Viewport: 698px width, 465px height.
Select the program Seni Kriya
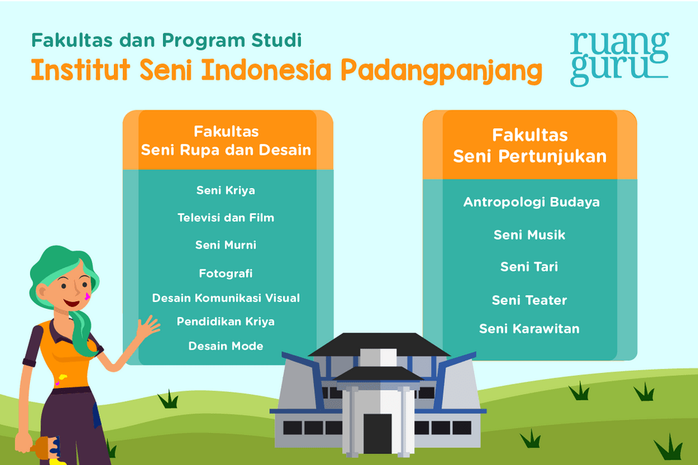pyautogui.click(x=226, y=190)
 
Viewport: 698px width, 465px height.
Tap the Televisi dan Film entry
pyautogui.click(x=226, y=217)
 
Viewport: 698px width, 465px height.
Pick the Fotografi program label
pyautogui.click(x=226, y=273)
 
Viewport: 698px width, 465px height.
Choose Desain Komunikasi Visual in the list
pyautogui.click(x=226, y=298)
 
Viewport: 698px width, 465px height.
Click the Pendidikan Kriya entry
pyautogui.click(x=226, y=321)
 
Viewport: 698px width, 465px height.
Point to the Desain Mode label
pyautogui.click(x=226, y=346)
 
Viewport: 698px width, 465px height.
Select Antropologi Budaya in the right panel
pyautogui.click(x=531, y=202)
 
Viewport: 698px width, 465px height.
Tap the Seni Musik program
pyautogui.click(x=529, y=235)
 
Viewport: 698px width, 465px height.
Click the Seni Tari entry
pyautogui.click(x=529, y=267)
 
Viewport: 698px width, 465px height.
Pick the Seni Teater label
pyautogui.click(x=529, y=300)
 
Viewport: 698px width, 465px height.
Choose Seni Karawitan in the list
pyautogui.click(x=529, y=329)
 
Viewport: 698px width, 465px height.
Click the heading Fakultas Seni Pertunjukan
pyautogui.click(x=529, y=146)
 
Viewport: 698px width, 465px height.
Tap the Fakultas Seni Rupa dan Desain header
pyautogui.click(x=226, y=140)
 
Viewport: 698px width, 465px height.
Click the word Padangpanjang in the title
pyautogui.click(x=441, y=72)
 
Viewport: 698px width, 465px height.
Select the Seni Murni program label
pyautogui.click(x=226, y=245)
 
